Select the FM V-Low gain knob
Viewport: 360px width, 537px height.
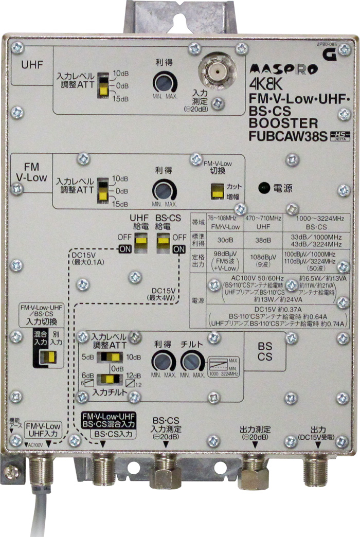[x=163, y=190]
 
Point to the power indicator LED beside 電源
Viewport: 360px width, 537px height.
[x=264, y=187]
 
